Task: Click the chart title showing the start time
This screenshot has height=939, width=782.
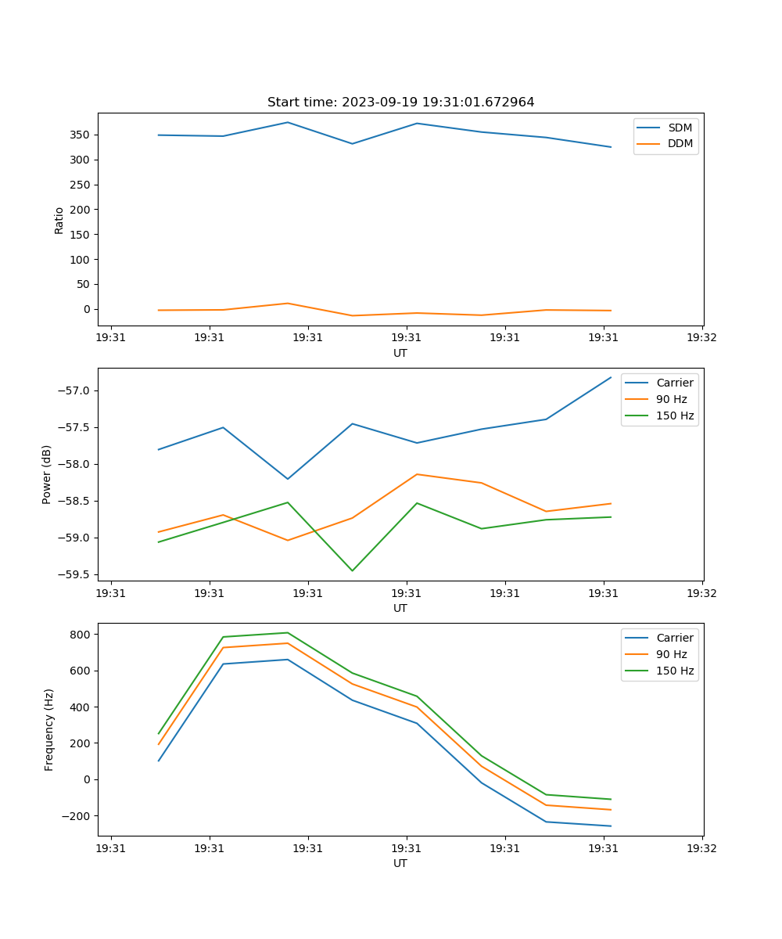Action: [x=400, y=103]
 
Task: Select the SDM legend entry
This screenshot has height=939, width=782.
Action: [x=680, y=128]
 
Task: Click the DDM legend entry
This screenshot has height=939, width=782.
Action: [x=680, y=143]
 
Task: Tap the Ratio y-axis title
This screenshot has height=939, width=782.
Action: [x=59, y=220]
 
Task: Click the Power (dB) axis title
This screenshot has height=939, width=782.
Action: [x=48, y=474]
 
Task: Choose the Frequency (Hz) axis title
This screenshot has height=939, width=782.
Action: [x=49, y=729]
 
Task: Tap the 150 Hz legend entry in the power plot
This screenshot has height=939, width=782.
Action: [x=675, y=416]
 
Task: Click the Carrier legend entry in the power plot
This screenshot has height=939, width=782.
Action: [x=675, y=383]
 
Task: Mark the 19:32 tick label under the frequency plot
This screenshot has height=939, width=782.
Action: [x=701, y=848]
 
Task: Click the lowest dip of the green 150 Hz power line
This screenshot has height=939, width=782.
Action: [x=352, y=570]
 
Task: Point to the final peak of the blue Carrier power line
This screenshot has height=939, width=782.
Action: [x=611, y=377]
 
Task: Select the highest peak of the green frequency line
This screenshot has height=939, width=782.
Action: [x=287, y=632]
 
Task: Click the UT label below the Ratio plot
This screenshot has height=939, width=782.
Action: [x=400, y=353]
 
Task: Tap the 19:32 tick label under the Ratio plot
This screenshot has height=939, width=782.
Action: [x=701, y=338]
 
